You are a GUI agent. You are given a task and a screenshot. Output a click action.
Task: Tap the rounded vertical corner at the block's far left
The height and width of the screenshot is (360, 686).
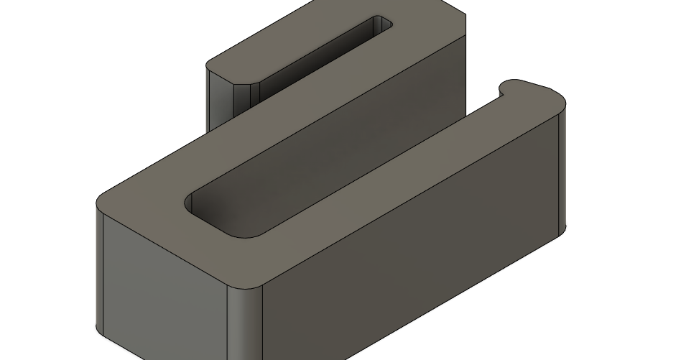(x=100, y=266)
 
